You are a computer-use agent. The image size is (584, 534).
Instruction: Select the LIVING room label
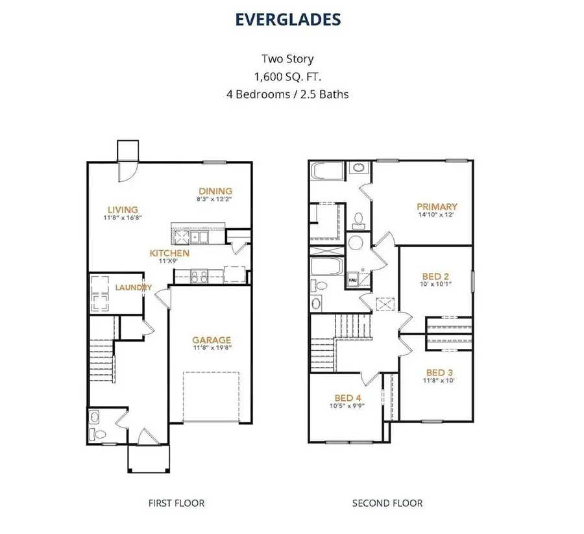(123, 210)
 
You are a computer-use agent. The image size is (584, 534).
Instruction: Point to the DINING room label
(215, 190)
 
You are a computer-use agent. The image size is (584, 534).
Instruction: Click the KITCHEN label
(169, 253)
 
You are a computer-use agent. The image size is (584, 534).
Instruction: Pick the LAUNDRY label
(134, 288)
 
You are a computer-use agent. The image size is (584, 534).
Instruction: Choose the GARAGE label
(212, 340)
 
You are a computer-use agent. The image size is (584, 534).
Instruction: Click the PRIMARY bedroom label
(437, 207)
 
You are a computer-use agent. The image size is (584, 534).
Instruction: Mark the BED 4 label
(344, 398)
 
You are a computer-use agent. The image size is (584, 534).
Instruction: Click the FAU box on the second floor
(353, 281)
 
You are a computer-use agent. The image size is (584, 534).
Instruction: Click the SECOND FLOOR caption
(387, 503)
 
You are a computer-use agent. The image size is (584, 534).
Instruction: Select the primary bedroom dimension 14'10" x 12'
(437, 216)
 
